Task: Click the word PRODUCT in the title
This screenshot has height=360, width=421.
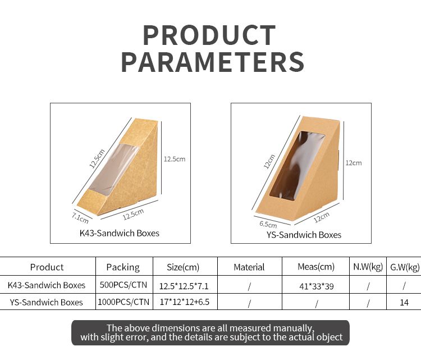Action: (x=209, y=35)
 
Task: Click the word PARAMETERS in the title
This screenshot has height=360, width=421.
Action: (x=213, y=62)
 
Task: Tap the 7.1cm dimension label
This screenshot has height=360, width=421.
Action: (x=80, y=218)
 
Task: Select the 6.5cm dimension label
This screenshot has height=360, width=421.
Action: (x=268, y=224)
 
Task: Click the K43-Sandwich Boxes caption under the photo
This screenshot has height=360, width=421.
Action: (x=120, y=233)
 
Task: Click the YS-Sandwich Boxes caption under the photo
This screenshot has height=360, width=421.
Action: (x=304, y=235)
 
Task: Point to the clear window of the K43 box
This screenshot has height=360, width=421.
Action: (x=114, y=169)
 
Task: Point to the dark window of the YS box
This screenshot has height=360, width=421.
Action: (x=297, y=166)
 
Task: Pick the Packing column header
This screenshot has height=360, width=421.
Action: (x=123, y=267)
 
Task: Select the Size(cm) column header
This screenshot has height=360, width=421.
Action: (x=183, y=267)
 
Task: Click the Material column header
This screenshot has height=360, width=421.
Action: (x=249, y=267)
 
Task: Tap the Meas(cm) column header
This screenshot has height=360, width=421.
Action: (x=316, y=267)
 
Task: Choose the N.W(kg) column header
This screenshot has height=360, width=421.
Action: (x=368, y=267)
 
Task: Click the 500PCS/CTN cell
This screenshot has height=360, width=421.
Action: (x=123, y=285)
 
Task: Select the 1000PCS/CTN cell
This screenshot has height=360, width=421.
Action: (x=123, y=302)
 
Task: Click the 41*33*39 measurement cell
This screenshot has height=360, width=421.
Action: (x=317, y=286)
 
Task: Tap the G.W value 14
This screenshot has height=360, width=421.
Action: (x=404, y=303)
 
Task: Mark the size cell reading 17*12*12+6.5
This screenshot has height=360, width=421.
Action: (x=185, y=302)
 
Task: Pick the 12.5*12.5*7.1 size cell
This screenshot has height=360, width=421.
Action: (x=184, y=286)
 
